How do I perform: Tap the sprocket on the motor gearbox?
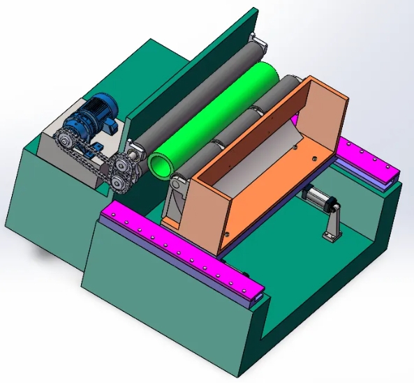[67, 143]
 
